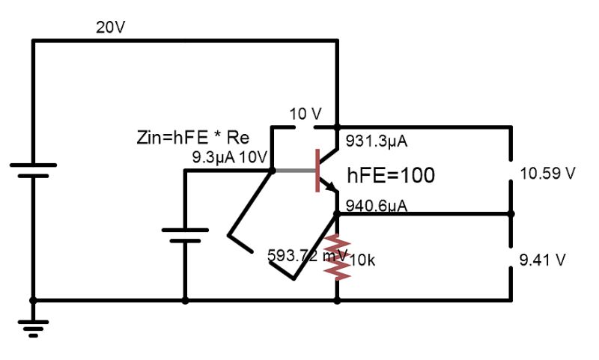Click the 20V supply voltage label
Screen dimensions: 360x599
(111, 28)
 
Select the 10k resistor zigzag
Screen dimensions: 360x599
(337, 257)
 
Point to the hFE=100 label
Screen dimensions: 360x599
(391, 175)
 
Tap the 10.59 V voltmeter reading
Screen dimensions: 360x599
(547, 174)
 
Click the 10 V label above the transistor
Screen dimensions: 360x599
(305, 114)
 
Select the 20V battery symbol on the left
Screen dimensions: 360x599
(32, 170)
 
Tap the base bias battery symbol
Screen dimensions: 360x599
(185, 235)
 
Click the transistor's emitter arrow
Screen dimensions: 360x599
(332, 189)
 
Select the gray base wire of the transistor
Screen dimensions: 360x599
(295, 170)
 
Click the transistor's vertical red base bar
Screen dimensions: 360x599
(318, 170)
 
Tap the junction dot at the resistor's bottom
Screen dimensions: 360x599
(337, 301)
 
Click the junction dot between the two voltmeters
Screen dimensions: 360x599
(512, 213)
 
